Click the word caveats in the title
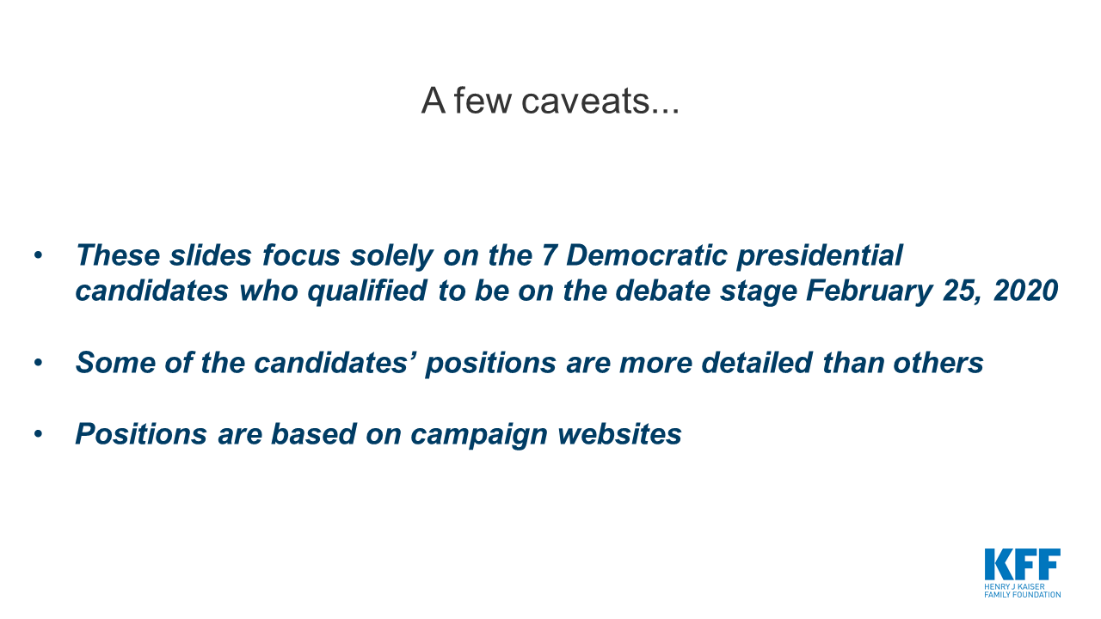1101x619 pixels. coord(600,101)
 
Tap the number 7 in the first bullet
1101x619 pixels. coord(549,255)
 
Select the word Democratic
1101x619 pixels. coord(647,255)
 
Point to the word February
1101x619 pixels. coord(869,291)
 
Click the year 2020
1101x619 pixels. coord(1025,291)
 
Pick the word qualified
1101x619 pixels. coord(367,291)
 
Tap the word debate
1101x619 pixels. coord(662,291)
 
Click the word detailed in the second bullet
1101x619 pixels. coord(757,363)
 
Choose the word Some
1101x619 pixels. coord(115,363)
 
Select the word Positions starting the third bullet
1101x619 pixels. coord(141,434)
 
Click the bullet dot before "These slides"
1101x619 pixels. coord(39,255)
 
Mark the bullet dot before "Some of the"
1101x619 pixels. coord(39,363)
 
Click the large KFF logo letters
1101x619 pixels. coord(1023,564)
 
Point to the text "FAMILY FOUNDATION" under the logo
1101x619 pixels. coord(1023,594)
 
